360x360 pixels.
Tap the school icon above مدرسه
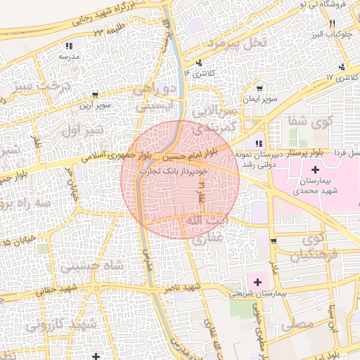(x=70, y=44)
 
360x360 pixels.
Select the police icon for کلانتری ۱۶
(x=200, y=63)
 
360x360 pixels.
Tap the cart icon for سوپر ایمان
(x=260, y=89)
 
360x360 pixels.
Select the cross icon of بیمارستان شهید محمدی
(x=314, y=169)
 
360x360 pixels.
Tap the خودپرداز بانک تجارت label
(x=172, y=171)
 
